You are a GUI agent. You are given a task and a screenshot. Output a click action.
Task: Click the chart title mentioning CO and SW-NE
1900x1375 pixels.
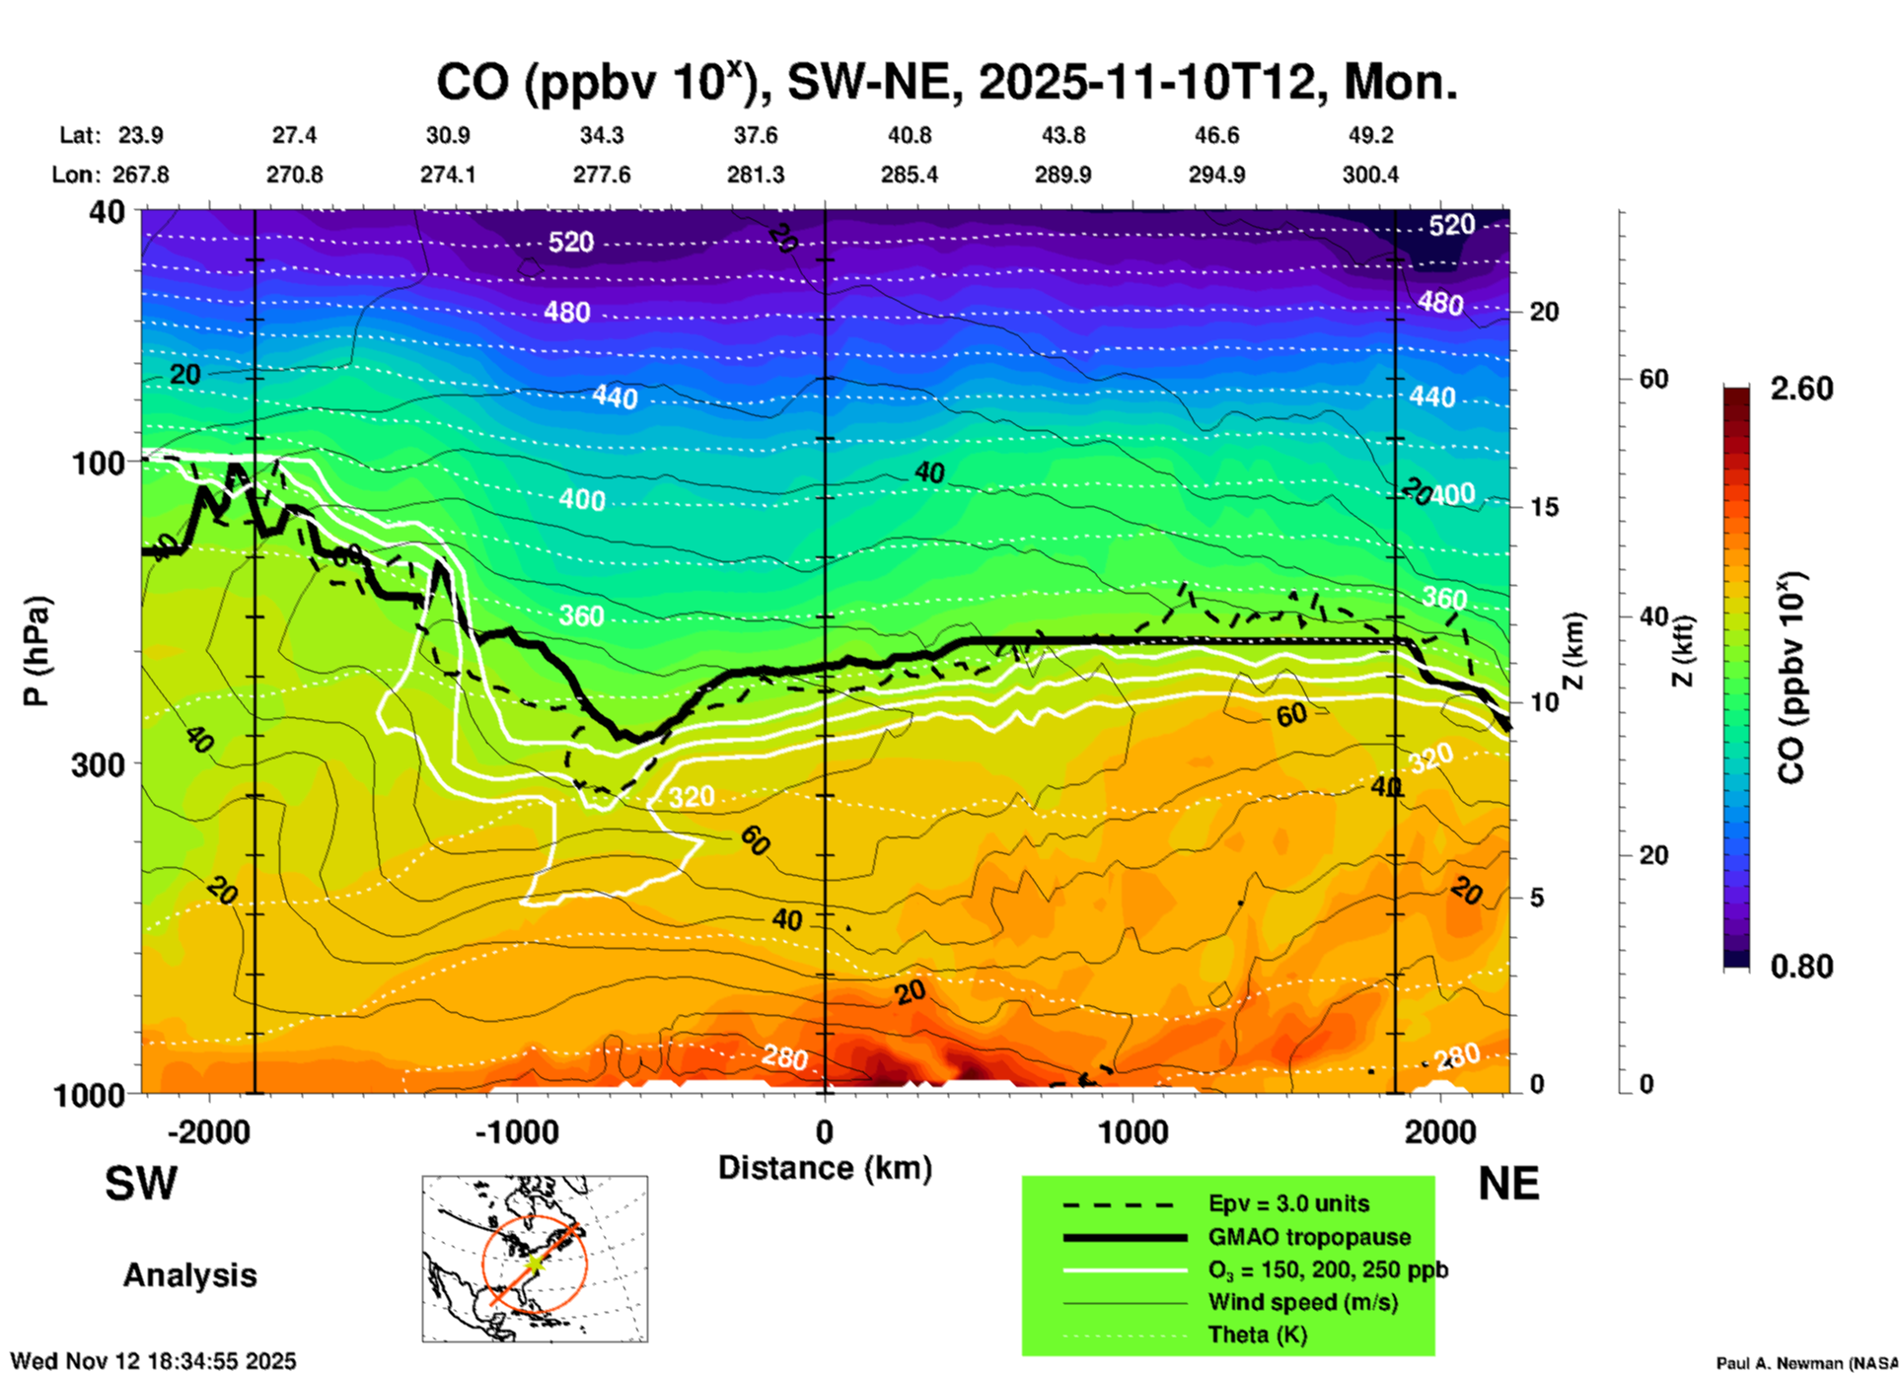(x=946, y=82)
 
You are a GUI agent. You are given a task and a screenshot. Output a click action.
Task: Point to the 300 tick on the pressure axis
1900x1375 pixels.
(x=98, y=764)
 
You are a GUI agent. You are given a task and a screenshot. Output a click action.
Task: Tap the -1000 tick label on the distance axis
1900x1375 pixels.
(x=516, y=1132)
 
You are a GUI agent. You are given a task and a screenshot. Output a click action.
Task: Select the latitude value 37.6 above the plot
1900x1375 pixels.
(x=755, y=135)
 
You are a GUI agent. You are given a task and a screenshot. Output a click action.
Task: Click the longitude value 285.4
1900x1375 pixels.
(x=909, y=175)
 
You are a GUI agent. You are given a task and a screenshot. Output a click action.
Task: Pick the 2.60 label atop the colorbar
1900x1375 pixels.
(x=1801, y=389)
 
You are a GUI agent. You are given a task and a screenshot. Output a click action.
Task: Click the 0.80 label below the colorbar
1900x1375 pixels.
(x=1801, y=967)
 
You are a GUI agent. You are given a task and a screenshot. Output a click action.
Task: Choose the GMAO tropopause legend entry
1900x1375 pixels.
(x=1308, y=1237)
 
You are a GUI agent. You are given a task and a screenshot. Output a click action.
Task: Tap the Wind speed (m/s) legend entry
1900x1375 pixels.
(x=1302, y=1302)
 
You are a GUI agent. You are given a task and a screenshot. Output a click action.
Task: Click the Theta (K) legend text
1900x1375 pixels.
(x=1257, y=1335)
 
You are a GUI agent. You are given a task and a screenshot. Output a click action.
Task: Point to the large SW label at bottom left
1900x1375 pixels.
(x=141, y=1184)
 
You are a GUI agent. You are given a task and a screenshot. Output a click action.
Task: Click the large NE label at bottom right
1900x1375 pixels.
(x=1508, y=1184)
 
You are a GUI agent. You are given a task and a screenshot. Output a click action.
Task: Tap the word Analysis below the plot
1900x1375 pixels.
(x=189, y=1274)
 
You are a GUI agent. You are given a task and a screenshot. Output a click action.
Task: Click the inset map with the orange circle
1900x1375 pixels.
(x=535, y=1259)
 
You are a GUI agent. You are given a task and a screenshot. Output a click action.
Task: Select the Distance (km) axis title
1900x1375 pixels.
(x=825, y=1168)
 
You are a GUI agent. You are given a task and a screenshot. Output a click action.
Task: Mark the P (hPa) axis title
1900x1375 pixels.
(x=36, y=651)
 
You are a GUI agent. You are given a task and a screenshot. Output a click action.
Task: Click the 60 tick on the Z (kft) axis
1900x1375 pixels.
(x=1653, y=379)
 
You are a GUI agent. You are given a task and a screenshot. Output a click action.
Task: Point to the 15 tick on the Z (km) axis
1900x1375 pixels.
(x=1544, y=507)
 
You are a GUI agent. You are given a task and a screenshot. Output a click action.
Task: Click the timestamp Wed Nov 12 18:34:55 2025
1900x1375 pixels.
(x=153, y=1361)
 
